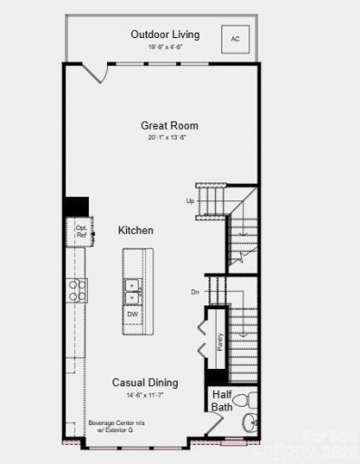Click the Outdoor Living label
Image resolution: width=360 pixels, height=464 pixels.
[x=164, y=34]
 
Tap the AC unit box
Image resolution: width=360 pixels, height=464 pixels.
[x=235, y=39]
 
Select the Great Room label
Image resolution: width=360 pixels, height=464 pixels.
[x=169, y=125]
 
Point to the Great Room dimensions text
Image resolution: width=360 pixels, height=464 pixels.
[x=169, y=138]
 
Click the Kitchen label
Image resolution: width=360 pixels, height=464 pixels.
[x=135, y=230]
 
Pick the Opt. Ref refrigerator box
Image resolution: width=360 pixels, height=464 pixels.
[x=81, y=232]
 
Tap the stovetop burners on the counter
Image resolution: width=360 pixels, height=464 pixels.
[x=76, y=289]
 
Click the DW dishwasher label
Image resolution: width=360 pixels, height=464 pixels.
[x=132, y=314]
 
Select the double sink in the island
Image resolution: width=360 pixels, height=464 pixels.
[x=132, y=290]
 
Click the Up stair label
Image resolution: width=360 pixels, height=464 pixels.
[x=190, y=200]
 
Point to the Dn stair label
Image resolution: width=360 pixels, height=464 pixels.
[x=195, y=292]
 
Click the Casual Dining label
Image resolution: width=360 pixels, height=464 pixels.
[x=145, y=382]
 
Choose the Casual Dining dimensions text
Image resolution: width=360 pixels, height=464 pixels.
[x=145, y=396]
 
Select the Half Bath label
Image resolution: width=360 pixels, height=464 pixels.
[x=223, y=401]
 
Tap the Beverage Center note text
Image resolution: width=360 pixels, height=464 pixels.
[x=112, y=427]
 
